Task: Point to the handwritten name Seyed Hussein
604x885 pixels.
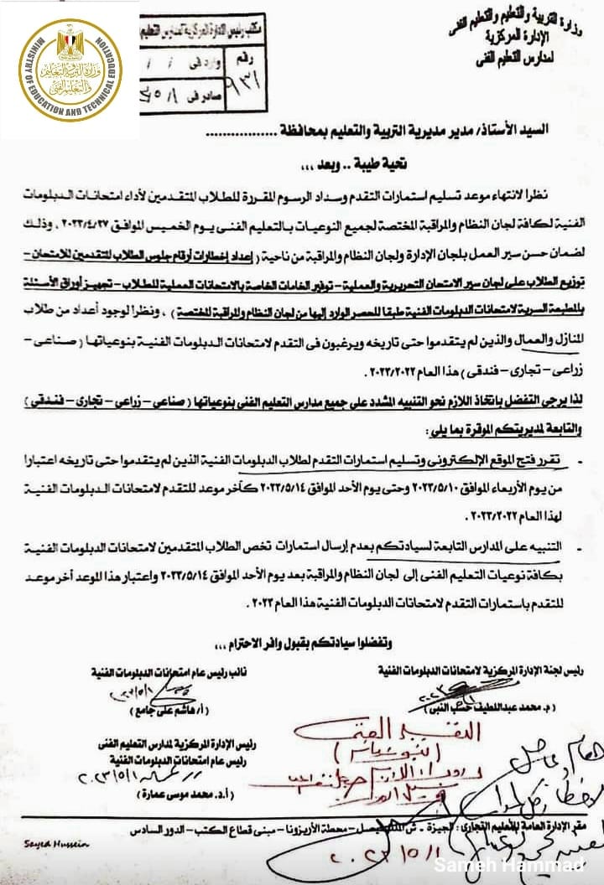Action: [33, 845]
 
